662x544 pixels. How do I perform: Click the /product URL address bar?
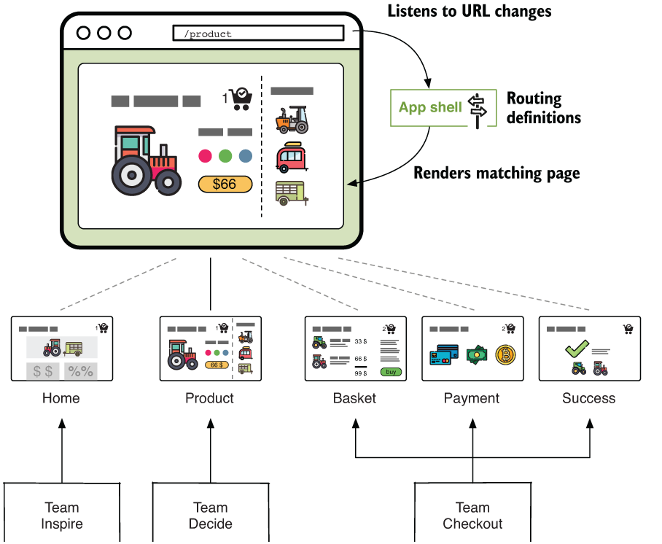pyautogui.click(x=257, y=34)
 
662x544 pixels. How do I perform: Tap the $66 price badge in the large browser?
pyautogui.click(x=225, y=184)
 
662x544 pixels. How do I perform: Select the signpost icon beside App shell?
pyautogui.click(x=477, y=109)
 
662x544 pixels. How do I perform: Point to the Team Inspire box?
pyautogui.click(x=62, y=514)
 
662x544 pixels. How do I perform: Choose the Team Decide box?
pyautogui.click(x=210, y=514)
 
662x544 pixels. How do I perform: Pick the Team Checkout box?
pyautogui.click(x=472, y=514)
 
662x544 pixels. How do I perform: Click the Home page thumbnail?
pyautogui.click(x=62, y=349)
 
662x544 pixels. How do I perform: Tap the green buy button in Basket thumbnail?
pyautogui.click(x=391, y=372)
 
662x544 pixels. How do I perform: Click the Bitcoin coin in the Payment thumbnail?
pyautogui.click(x=506, y=355)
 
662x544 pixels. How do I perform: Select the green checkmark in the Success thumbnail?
pyautogui.click(x=577, y=349)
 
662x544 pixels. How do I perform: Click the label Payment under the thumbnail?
pyautogui.click(x=472, y=398)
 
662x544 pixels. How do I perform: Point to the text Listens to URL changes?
pyautogui.click(x=470, y=11)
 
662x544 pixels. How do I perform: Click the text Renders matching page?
pyautogui.click(x=496, y=174)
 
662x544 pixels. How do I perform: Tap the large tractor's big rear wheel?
pyautogui.click(x=131, y=174)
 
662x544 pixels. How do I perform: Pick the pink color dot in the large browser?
pyautogui.click(x=205, y=155)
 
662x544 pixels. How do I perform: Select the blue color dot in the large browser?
pyautogui.click(x=245, y=155)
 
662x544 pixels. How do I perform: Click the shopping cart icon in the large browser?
pyautogui.click(x=240, y=99)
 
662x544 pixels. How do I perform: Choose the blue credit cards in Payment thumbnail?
pyautogui.click(x=443, y=355)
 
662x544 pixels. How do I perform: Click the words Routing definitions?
pyautogui.click(x=543, y=108)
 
